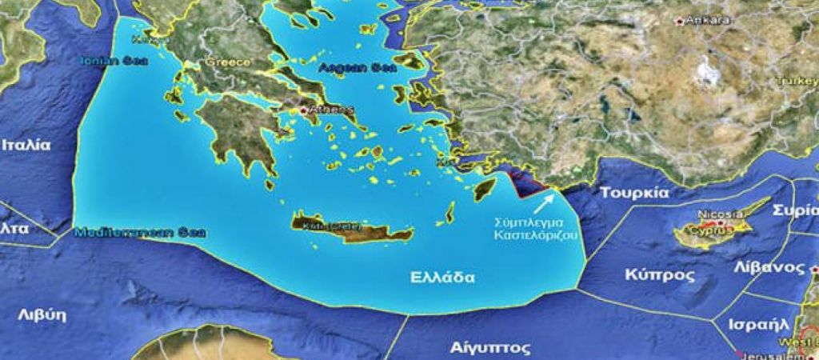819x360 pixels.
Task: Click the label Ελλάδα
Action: (442, 278)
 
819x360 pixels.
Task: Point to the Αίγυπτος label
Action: (479, 348)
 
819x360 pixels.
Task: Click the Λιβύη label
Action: (42, 314)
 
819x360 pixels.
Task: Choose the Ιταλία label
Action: (26, 146)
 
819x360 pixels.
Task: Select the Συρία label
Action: (795, 210)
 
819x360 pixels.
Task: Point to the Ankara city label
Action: (708, 20)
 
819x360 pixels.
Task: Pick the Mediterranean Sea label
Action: (140, 234)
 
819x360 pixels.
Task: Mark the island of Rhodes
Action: (482, 188)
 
